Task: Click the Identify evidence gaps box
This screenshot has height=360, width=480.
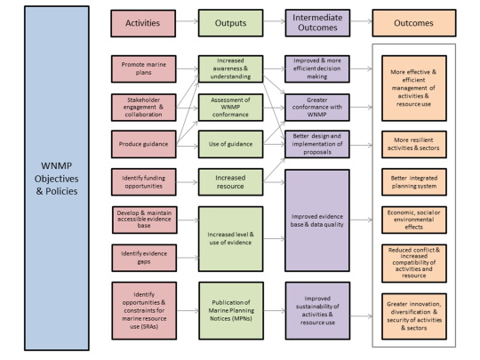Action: tap(142, 258)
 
